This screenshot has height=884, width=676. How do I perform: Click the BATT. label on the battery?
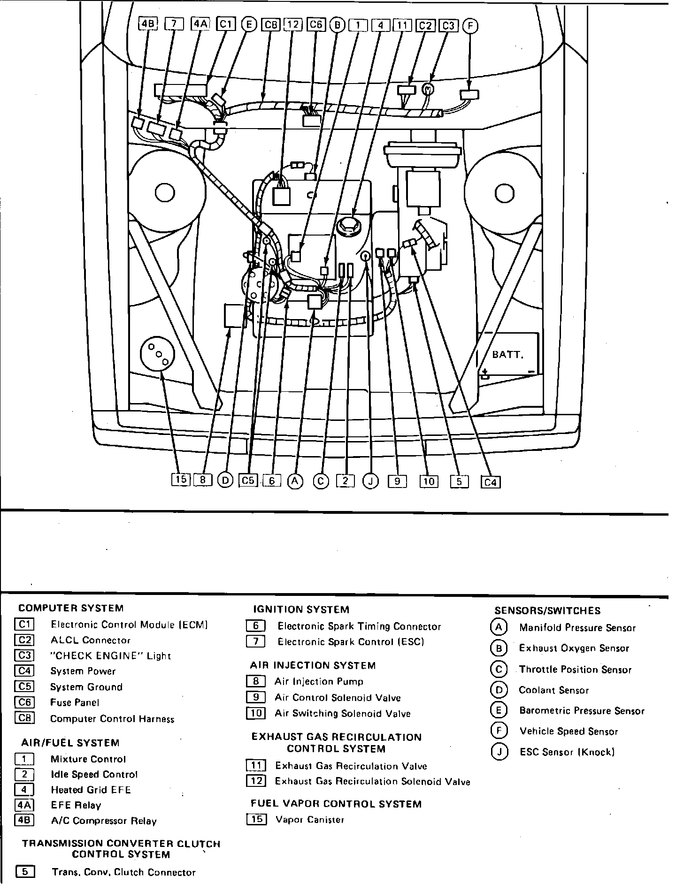pos(507,355)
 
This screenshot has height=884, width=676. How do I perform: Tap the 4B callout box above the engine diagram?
pos(148,24)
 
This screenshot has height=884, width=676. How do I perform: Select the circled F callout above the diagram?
pos(470,26)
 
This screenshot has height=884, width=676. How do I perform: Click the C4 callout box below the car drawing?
pos(491,482)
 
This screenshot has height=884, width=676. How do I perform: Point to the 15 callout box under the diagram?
pos(181,480)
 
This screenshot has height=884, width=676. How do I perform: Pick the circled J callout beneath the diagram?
pos(370,481)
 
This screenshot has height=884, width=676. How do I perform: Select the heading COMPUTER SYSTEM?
pos(71,608)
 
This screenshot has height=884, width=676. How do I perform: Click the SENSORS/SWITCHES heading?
pos(547,610)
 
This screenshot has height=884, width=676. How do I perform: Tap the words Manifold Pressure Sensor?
pos(577,628)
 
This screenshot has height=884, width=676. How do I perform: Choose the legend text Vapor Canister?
pos(309,820)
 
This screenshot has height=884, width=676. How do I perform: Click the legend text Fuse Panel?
pos(75,702)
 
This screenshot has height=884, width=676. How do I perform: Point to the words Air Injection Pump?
pos(319,681)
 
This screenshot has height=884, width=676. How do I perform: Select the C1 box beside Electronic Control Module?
pos(24,625)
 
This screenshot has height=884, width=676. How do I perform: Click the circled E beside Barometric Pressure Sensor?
pos(498,710)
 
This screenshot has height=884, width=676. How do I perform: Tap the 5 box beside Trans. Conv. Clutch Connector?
pos(25,872)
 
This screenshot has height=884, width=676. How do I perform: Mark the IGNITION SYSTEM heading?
pos(301,610)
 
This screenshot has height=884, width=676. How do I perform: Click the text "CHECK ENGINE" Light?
pos(110,656)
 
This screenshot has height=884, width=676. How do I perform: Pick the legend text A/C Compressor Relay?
pos(103,821)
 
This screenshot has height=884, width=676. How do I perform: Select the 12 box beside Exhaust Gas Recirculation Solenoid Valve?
pos(256,781)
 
